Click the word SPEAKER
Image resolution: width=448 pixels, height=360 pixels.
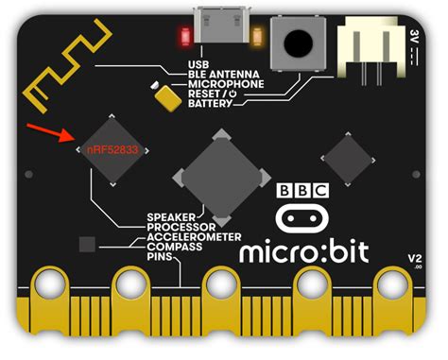tap(171, 216)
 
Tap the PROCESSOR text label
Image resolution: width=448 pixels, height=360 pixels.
tap(181, 227)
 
